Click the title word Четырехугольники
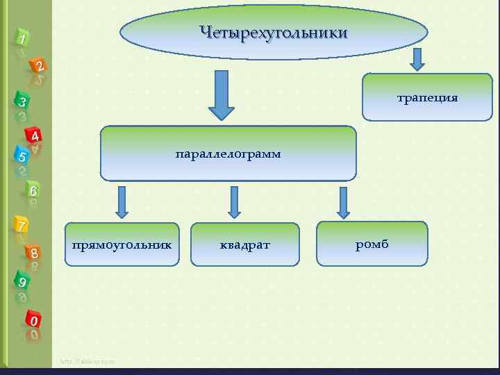(x=273, y=33)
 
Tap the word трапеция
(x=427, y=97)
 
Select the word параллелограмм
(x=228, y=153)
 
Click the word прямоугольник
(x=122, y=244)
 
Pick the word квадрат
(x=244, y=244)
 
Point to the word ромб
(x=372, y=244)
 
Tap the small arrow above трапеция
(x=416, y=59)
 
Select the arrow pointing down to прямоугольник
(x=122, y=202)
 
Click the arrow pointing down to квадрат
(x=234, y=202)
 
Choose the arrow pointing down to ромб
(x=343, y=202)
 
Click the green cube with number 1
(x=22, y=40)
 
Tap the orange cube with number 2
(x=39, y=67)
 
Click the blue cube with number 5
(x=22, y=156)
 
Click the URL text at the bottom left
(x=87, y=361)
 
